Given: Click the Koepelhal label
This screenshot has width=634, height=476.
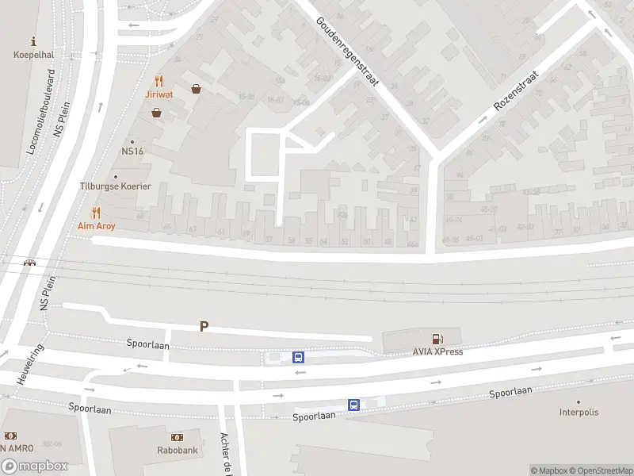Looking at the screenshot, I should [x=32, y=55].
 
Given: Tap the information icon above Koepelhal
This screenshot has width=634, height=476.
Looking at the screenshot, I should [x=32, y=40].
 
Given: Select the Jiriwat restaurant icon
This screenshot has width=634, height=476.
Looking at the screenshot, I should [x=159, y=81].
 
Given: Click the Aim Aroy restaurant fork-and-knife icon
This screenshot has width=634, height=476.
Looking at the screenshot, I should [x=97, y=213].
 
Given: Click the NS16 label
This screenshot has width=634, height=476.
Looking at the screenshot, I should [x=132, y=152].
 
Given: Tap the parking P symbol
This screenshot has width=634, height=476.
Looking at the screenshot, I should [x=204, y=326].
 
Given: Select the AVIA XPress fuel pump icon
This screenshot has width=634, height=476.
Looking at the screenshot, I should [x=437, y=339].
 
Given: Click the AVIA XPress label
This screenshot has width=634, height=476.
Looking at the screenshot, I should [x=437, y=351].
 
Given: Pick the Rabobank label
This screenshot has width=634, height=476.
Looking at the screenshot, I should [x=177, y=450].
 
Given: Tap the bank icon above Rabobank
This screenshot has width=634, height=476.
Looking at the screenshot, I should [x=177, y=437].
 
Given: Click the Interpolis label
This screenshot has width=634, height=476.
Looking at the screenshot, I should [x=579, y=413].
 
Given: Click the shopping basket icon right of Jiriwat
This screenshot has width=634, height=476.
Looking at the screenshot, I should [x=195, y=89].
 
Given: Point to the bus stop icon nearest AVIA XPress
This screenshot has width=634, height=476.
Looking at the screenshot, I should [x=298, y=357].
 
